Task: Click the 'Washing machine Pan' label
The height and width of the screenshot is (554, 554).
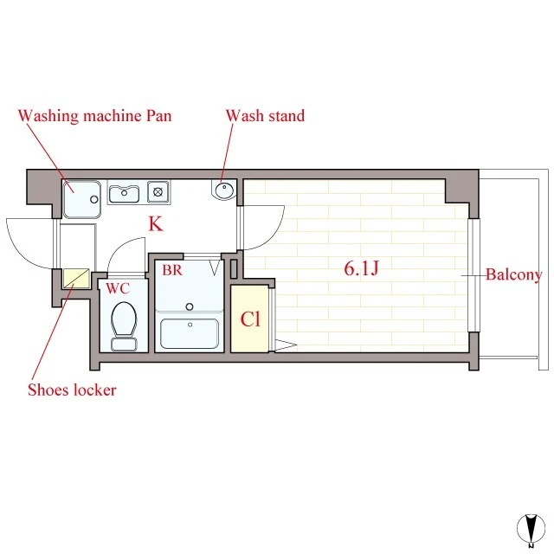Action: [94, 116]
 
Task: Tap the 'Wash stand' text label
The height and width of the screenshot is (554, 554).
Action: [265, 116]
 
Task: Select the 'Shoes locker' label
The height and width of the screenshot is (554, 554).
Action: [72, 390]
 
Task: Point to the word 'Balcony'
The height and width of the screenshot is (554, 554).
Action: [513, 275]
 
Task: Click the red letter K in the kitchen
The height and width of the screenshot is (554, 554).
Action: [156, 223]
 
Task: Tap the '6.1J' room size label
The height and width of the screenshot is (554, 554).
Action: [361, 267]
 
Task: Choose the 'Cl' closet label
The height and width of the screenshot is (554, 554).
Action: [250, 319]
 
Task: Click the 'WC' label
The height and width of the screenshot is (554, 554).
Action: [118, 288]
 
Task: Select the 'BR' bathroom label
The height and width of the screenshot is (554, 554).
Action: [172, 270]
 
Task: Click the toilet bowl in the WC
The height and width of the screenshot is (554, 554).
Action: [124, 319]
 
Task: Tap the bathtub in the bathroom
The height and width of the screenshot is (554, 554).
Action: [190, 333]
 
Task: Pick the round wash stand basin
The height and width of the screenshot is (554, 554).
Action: [224, 190]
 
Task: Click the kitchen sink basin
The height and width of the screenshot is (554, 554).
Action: [124, 194]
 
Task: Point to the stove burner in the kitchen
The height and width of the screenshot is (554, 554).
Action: [158, 192]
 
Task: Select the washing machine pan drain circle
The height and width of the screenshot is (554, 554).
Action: [94, 199]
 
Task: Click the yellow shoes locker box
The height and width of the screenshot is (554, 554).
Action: [76, 279]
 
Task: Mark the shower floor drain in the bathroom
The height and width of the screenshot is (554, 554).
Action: [190, 306]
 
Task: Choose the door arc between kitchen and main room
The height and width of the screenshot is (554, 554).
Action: [274, 236]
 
